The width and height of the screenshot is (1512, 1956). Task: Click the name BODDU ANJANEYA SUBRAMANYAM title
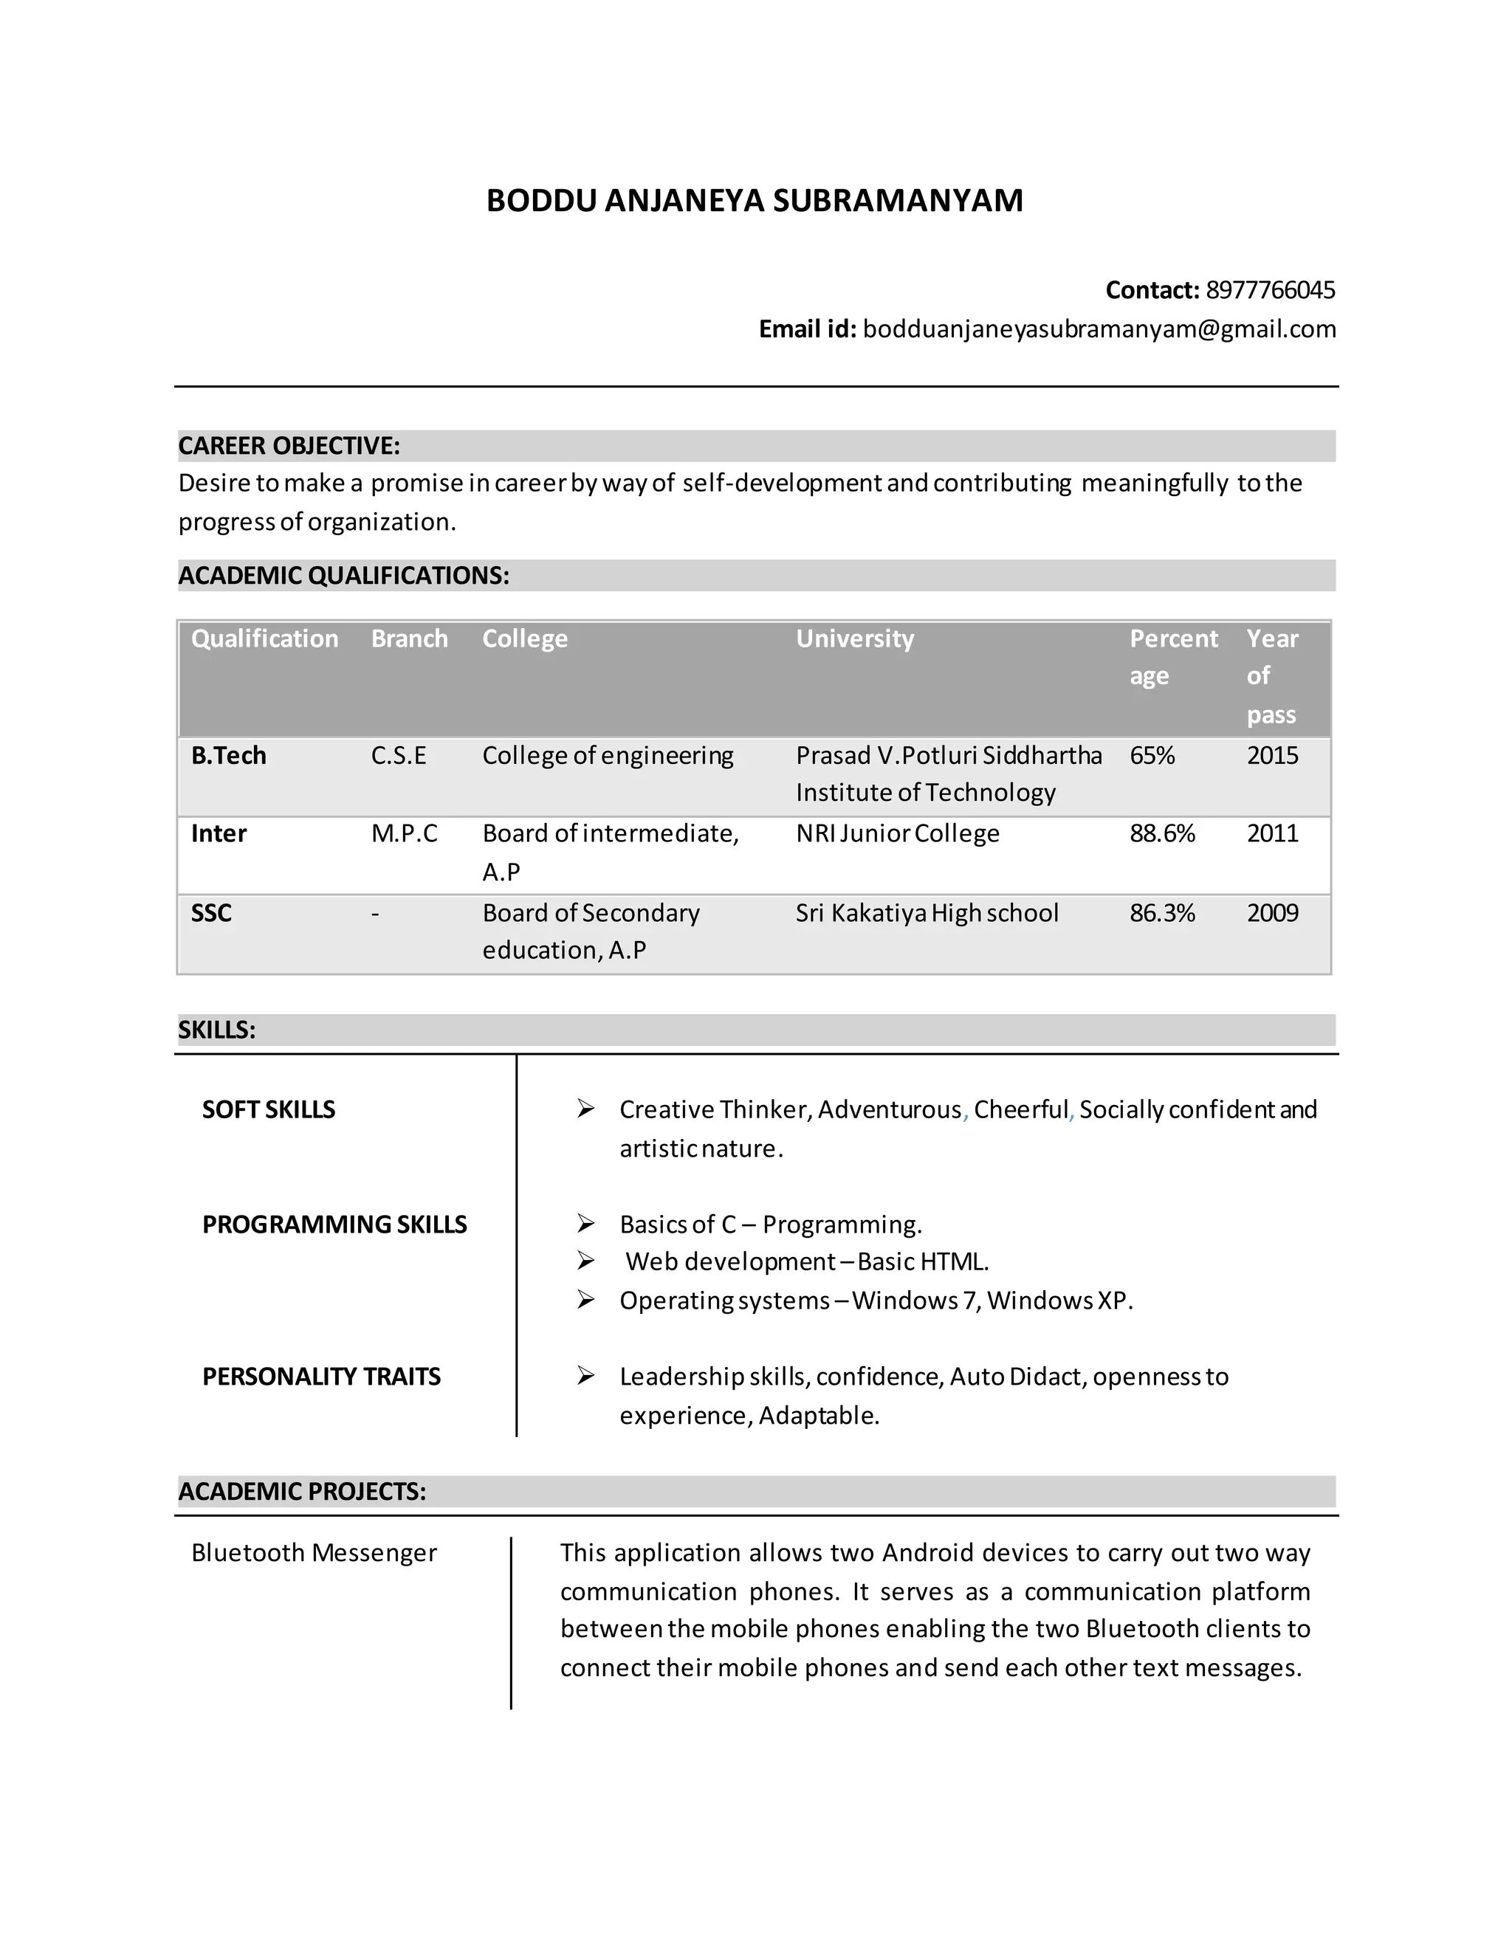coord(755,201)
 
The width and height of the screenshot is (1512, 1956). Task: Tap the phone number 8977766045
coord(1269,290)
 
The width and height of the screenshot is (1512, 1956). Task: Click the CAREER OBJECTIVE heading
coord(289,445)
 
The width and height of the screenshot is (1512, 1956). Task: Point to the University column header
coord(854,638)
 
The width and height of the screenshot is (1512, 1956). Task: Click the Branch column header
coord(409,638)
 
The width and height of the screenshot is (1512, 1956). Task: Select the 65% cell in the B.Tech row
coord(1152,756)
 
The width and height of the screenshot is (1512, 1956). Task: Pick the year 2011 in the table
coord(1272,834)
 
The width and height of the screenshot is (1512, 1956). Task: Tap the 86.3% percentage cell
coord(1162,914)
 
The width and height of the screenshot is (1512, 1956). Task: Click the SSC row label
coord(211,914)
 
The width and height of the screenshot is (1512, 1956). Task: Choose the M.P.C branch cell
coord(404,834)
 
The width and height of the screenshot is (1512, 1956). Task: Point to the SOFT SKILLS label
coord(269,1109)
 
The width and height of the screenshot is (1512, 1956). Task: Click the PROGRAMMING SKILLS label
coord(334,1225)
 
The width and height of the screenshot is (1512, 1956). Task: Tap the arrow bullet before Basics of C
coord(585,1223)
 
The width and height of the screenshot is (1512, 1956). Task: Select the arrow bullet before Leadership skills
coord(585,1376)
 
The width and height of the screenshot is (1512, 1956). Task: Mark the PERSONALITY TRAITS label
coord(322,1377)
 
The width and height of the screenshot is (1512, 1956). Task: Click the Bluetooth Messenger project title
coord(314,1553)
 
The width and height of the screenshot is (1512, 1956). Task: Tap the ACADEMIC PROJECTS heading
coord(302,1491)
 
